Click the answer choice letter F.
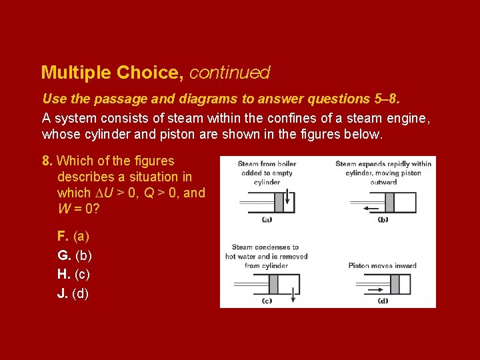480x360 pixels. (x=63, y=236)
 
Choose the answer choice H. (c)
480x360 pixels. (x=74, y=274)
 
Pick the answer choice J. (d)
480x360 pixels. (x=73, y=293)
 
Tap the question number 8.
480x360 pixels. (x=47, y=161)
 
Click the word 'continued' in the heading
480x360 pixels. (x=229, y=72)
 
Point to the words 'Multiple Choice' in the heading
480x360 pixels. (x=113, y=72)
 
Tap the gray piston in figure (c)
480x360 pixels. (x=273, y=285)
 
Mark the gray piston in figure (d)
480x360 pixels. (x=395, y=285)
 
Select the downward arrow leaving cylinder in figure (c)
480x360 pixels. (x=293, y=297)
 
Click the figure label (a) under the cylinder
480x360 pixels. (x=267, y=219)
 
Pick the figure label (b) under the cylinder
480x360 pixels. (x=383, y=219)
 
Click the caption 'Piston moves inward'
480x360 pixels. (x=382, y=265)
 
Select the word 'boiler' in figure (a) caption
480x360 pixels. (x=286, y=164)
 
